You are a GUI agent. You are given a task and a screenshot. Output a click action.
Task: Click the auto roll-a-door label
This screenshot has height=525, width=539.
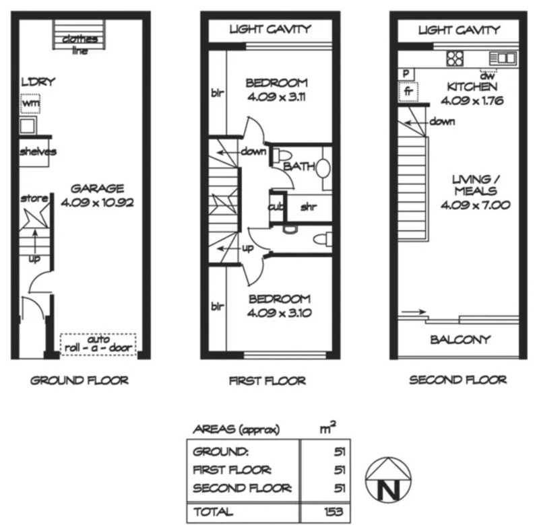point(98,344)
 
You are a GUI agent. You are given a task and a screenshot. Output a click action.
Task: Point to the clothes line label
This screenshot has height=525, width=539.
point(80,44)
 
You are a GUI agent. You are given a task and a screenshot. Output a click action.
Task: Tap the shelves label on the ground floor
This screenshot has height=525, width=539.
point(38,151)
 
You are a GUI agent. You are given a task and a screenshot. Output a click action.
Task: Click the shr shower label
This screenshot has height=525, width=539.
point(308,207)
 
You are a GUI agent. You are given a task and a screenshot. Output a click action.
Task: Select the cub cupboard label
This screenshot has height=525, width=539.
point(276,207)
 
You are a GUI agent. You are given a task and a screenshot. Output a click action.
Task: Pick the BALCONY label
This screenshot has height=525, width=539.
point(460,340)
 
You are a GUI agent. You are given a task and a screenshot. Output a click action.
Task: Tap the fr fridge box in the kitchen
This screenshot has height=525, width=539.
point(408,90)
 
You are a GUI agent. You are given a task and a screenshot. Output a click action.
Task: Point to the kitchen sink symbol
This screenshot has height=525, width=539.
point(503,58)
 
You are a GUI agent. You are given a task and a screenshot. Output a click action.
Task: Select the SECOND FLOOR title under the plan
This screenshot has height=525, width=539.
point(458,380)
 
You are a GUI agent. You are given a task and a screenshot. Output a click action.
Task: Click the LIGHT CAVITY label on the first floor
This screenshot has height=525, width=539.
point(270,29)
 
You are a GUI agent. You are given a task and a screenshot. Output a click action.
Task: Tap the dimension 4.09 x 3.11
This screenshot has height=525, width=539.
point(276,96)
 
